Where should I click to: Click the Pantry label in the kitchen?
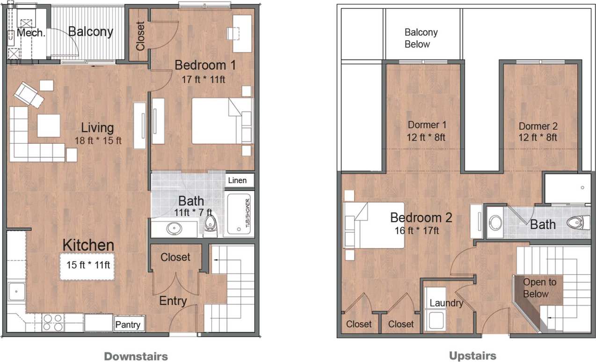point(128,325)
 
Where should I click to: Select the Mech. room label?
point(31,33)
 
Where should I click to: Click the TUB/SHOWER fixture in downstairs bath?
point(240,213)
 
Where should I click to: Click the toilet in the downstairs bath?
point(211,224)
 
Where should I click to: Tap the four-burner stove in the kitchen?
point(53,322)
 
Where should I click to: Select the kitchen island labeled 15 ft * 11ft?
point(87,266)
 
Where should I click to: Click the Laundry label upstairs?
point(446,303)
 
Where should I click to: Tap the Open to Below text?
point(539,288)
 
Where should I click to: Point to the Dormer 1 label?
point(427,125)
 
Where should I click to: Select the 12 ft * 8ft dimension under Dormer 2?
point(538,138)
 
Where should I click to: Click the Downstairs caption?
point(136,356)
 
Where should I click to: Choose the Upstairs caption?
point(472,356)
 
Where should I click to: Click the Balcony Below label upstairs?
point(421,38)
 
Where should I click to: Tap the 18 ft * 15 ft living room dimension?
point(98,140)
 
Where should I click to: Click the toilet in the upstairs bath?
point(578,222)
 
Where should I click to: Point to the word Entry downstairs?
point(173,301)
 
